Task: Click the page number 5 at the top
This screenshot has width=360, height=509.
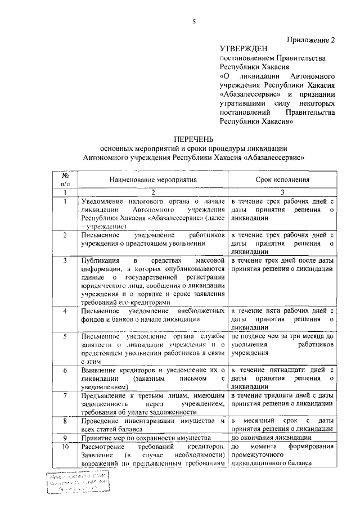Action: click(x=193, y=21)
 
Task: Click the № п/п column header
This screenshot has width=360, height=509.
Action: click(x=66, y=179)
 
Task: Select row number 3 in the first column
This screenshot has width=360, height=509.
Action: click(x=66, y=260)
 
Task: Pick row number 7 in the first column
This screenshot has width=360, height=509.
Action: click(x=66, y=395)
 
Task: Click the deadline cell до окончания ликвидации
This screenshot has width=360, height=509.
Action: click(x=269, y=437)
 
